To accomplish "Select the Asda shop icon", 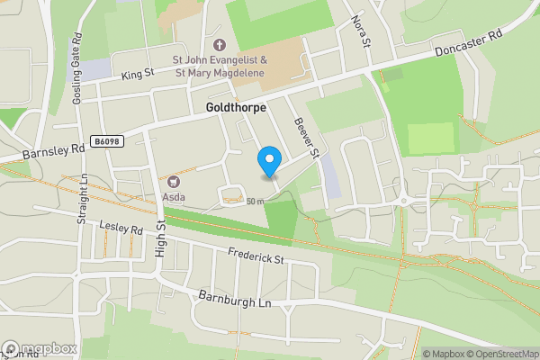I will click(x=175, y=180).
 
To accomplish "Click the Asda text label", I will click(x=175, y=194).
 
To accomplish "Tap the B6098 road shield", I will click(x=106, y=141).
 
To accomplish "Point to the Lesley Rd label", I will click(x=122, y=229).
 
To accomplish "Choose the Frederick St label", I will click(x=256, y=257).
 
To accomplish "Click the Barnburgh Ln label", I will click(x=235, y=301).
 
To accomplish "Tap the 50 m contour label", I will click(x=255, y=202).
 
